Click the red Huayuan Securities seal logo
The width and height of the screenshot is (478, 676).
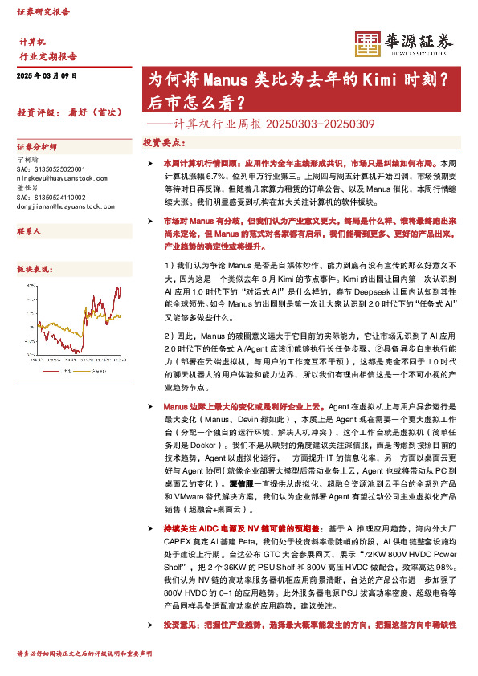pyautogui.click(x=368, y=43)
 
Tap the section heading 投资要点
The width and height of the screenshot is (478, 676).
pyautogui.click(x=165, y=141)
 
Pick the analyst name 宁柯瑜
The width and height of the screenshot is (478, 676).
pyautogui.click(x=28, y=160)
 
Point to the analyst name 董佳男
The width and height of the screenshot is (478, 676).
pyautogui.click(x=28, y=188)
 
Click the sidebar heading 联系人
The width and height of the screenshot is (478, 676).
pyautogui.click(x=29, y=230)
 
